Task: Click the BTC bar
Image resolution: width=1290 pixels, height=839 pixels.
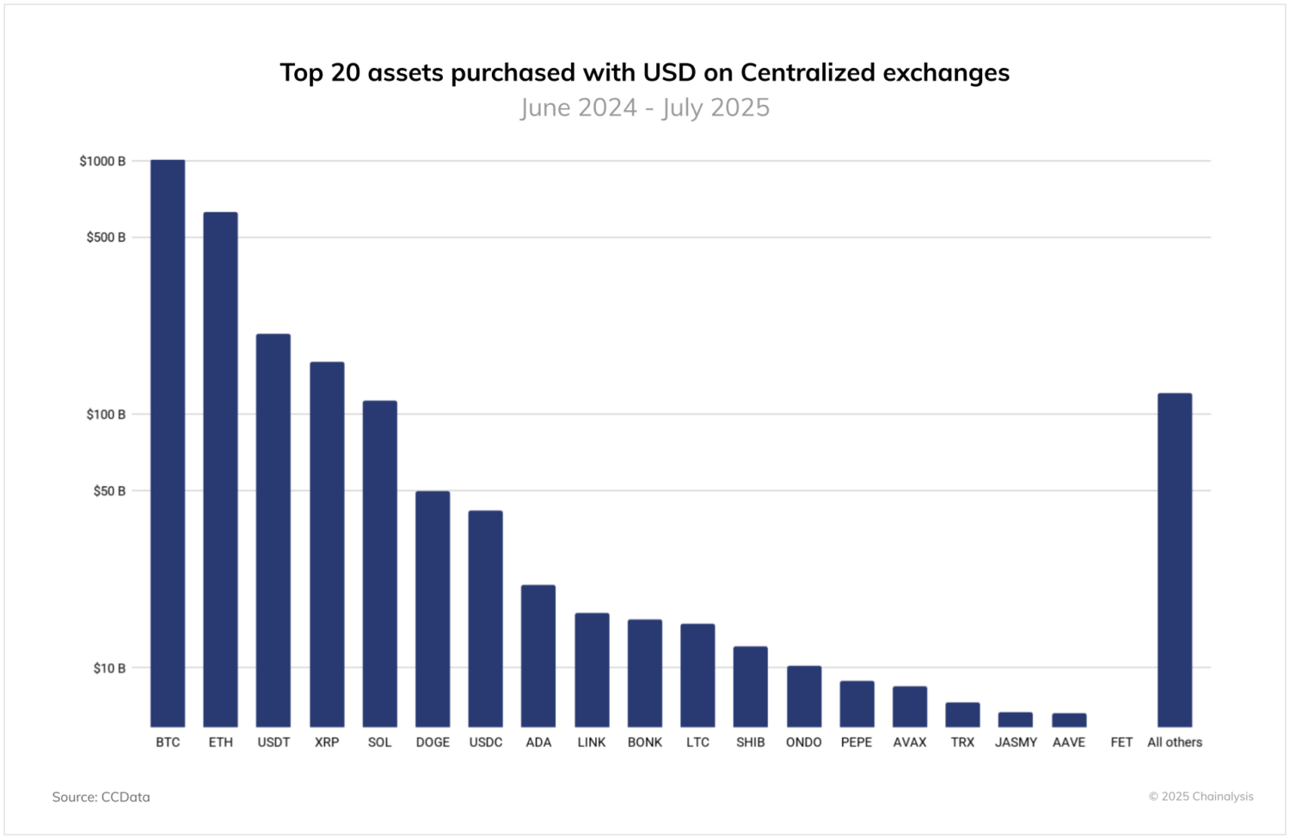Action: pyautogui.click(x=168, y=443)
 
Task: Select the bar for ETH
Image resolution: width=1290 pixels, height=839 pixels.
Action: pyautogui.click(x=220, y=469)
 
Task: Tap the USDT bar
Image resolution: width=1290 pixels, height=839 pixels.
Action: pyautogui.click(x=273, y=530)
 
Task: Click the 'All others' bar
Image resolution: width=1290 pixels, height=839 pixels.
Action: pyautogui.click(x=1175, y=559)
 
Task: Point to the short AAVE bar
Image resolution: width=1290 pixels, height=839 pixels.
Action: pyautogui.click(x=1069, y=720)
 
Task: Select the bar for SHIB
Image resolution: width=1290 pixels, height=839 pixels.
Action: pyautogui.click(x=751, y=687)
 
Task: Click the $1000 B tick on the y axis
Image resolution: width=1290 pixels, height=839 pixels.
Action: pyautogui.click(x=102, y=161)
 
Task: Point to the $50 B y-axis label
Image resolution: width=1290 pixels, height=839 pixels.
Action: pyautogui.click(x=109, y=490)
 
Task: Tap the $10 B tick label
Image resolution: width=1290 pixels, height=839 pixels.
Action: pyautogui.click(x=109, y=668)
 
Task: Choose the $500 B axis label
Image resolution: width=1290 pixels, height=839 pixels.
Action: pyautogui.click(x=106, y=237)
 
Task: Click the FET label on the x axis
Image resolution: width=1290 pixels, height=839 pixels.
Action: pyautogui.click(x=1121, y=742)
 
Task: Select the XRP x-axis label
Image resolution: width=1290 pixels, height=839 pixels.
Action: pyautogui.click(x=327, y=742)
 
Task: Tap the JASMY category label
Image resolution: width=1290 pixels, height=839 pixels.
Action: pyautogui.click(x=1016, y=742)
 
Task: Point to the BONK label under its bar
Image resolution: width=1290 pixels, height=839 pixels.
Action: pyautogui.click(x=645, y=742)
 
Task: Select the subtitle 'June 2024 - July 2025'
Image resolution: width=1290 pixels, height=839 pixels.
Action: pyautogui.click(x=645, y=108)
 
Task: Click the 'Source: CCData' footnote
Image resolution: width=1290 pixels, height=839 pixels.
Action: pyautogui.click(x=101, y=797)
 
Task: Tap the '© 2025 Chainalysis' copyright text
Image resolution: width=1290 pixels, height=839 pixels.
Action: pyautogui.click(x=1201, y=796)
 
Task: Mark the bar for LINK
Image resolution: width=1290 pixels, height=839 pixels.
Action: pyautogui.click(x=592, y=669)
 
